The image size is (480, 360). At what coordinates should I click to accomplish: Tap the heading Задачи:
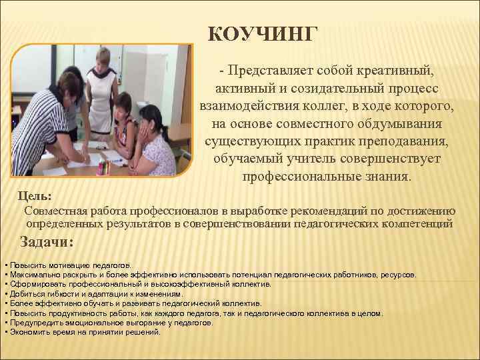coord(46,242)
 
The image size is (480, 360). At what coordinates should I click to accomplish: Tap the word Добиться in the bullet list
coord(24,293)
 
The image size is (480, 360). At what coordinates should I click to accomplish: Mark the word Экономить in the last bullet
coord(26,331)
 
